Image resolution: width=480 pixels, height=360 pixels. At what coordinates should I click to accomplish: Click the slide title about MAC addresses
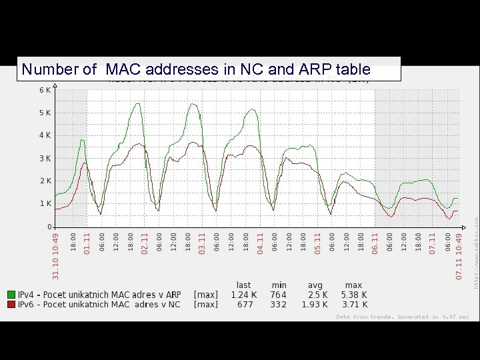click(196, 69)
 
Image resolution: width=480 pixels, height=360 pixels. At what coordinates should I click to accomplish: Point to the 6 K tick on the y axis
click(45, 90)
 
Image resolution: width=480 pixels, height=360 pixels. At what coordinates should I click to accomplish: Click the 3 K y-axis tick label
click(45, 159)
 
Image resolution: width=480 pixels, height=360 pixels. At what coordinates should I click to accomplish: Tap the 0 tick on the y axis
click(49, 227)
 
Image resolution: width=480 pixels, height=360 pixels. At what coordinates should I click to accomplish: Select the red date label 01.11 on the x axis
click(87, 243)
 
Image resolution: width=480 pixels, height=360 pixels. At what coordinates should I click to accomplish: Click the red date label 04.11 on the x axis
click(260, 243)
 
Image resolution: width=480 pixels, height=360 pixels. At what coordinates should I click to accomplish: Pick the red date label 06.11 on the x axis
click(375, 243)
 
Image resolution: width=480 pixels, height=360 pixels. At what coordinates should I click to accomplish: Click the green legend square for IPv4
click(11, 294)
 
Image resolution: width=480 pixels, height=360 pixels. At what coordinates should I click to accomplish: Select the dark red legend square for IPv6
click(11, 305)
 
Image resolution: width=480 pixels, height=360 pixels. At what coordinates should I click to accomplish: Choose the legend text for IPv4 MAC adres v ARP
click(99, 294)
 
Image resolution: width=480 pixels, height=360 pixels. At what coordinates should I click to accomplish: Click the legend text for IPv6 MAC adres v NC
click(99, 305)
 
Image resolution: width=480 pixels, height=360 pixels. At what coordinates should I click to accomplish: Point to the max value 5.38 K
click(354, 294)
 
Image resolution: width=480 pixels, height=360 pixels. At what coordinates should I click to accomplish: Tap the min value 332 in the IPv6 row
click(278, 305)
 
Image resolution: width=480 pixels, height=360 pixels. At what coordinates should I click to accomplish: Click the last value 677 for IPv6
click(244, 305)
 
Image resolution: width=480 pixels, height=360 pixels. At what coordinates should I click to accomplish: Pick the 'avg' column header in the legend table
click(315, 285)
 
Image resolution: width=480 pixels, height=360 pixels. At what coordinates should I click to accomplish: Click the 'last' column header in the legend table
click(244, 285)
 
